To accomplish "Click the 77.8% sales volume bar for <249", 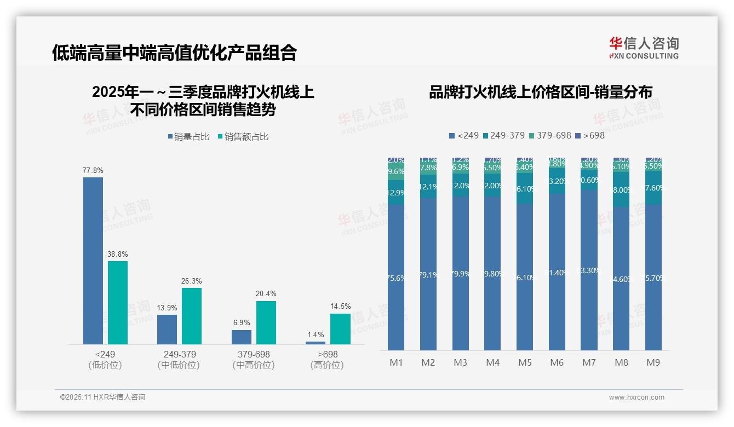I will coord(93,261).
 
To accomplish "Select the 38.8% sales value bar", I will coord(118,302).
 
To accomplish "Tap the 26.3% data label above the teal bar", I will coord(192,281).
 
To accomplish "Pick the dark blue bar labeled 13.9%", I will coord(167,329).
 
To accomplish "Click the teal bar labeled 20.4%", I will coord(266,322).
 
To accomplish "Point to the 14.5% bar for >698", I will coord(340,328).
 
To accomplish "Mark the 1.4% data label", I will coord(316,334).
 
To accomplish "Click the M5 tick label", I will coord(525,362).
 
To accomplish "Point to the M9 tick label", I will coord(653,362).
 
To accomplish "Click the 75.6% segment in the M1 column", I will coord(396,278).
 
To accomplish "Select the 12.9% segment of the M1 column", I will coord(396,193).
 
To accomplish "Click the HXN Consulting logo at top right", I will coord(644,48).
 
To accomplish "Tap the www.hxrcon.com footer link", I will coord(636,397).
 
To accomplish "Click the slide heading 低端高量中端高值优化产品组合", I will coord(175,53).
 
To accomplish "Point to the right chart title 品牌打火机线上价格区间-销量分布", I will coord(540,93).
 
